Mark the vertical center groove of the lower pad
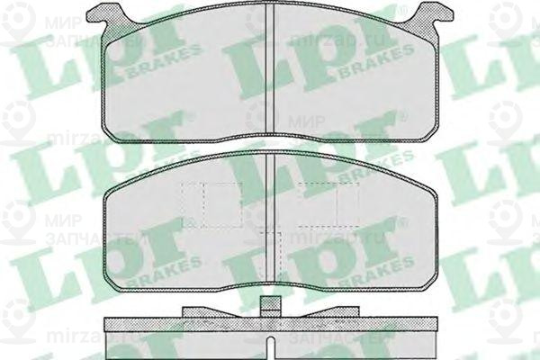coord(271,216)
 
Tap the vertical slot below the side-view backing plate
coord(271,341)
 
